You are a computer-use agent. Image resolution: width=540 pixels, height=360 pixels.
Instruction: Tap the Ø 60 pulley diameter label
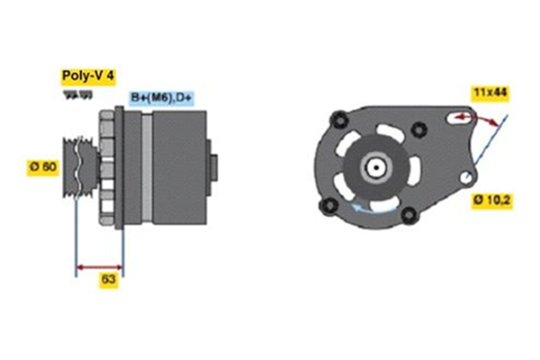[x=43, y=166]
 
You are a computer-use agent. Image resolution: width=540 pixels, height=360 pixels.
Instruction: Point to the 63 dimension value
[x=109, y=281]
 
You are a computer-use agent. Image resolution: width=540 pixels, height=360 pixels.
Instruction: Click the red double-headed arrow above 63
[x=99, y=266]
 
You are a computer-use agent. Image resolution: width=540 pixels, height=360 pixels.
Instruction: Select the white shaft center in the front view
[x=373, y=166]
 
